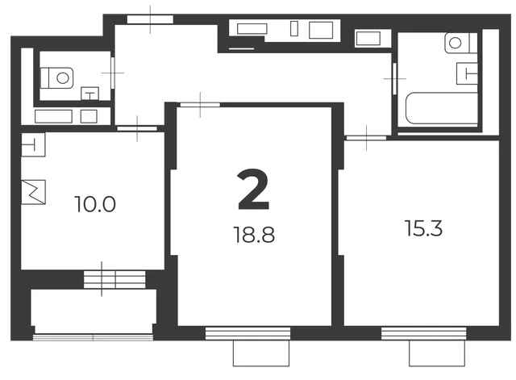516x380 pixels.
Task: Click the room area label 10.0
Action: click(95, 204)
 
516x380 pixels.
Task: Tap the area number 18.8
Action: click(254, 235)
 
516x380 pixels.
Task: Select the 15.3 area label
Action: click(423, 228)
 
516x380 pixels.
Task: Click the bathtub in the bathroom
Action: click(442, 108)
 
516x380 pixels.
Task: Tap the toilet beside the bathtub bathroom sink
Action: click(460, 43)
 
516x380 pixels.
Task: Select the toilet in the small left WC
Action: click(56, 78)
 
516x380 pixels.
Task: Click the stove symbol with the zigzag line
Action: click(33, 192)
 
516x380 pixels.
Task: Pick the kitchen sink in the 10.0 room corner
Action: click(33, 144)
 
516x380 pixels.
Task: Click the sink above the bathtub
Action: click(467, 73)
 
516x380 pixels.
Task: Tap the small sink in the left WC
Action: click(89, 94)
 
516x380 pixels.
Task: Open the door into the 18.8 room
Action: click(200, 105)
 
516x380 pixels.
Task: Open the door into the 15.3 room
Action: click(366, 138)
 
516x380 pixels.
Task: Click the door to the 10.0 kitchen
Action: click(137, 128)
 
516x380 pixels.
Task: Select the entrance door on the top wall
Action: click(150, 19)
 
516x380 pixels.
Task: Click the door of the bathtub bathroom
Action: click(394, 79)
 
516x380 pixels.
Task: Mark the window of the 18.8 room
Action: click(248, 333)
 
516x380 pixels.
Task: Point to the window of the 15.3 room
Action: click(424, 333)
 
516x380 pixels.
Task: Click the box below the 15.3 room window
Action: click(437, 353)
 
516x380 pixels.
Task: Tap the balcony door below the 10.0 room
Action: click(114, 280)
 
